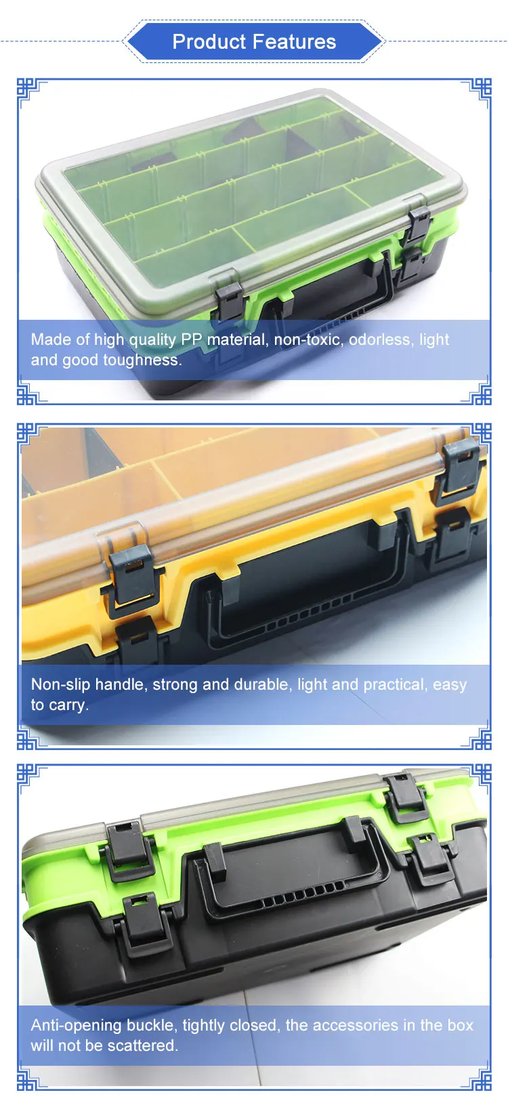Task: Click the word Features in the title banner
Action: [x=295, y=42]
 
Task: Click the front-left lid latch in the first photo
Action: [x=229, y=300]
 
